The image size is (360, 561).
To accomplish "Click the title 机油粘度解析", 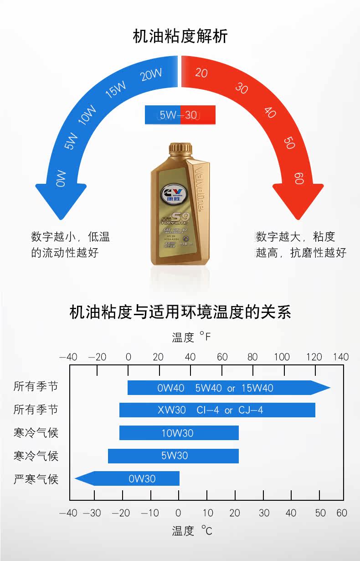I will click(180, 36).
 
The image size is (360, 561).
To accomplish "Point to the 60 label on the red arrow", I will click(299, 178).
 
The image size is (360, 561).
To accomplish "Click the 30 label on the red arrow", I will click(242, 88).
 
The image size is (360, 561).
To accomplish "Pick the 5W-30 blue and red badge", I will click(180, 115).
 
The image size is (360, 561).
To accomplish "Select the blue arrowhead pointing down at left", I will click(61, 201).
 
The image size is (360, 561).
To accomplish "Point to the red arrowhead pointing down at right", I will click(298, 201).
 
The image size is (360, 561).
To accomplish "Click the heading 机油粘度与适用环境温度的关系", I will click(180, 312).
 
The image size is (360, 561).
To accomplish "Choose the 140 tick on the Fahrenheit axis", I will click(340, 357).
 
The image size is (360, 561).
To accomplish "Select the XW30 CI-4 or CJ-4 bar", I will click(217, 410).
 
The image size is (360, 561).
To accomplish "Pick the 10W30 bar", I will click(179, 433).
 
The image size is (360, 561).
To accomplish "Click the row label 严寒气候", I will click(36, 478).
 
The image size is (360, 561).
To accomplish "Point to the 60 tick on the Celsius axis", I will click(342, 513).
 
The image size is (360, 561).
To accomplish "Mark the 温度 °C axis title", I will click(192, 531).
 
